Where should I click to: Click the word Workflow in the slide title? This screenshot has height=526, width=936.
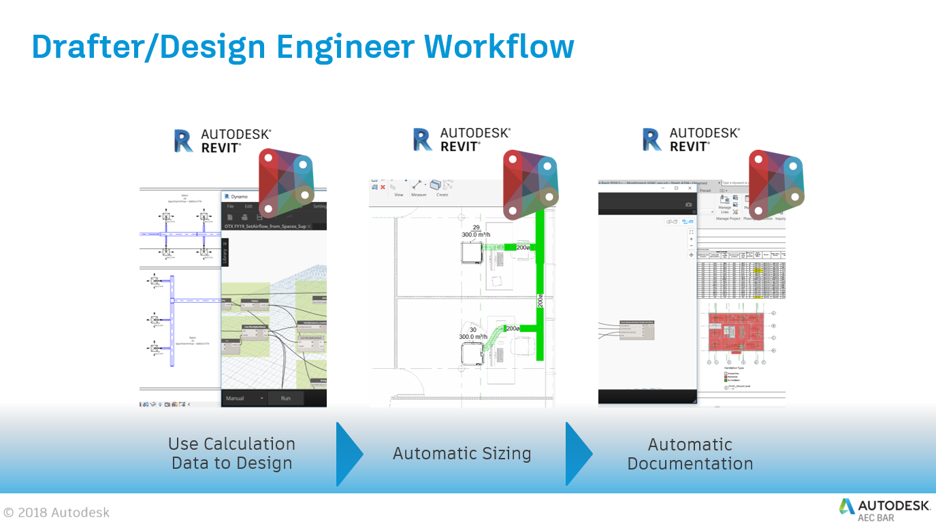499,47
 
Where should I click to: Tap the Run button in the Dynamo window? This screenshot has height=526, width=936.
285,398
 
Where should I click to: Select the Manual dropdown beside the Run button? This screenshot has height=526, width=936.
244,398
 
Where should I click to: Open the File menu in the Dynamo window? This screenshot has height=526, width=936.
231,206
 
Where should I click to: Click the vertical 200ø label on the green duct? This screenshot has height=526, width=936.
540,300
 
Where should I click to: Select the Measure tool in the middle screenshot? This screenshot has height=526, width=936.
419,188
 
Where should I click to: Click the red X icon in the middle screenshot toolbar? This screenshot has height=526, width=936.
383,187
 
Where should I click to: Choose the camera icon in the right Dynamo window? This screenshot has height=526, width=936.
688,204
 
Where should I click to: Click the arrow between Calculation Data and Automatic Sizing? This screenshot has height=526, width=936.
349,454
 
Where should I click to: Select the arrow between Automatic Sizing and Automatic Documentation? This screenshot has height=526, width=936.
579,454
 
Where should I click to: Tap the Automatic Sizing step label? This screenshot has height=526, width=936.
462,454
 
